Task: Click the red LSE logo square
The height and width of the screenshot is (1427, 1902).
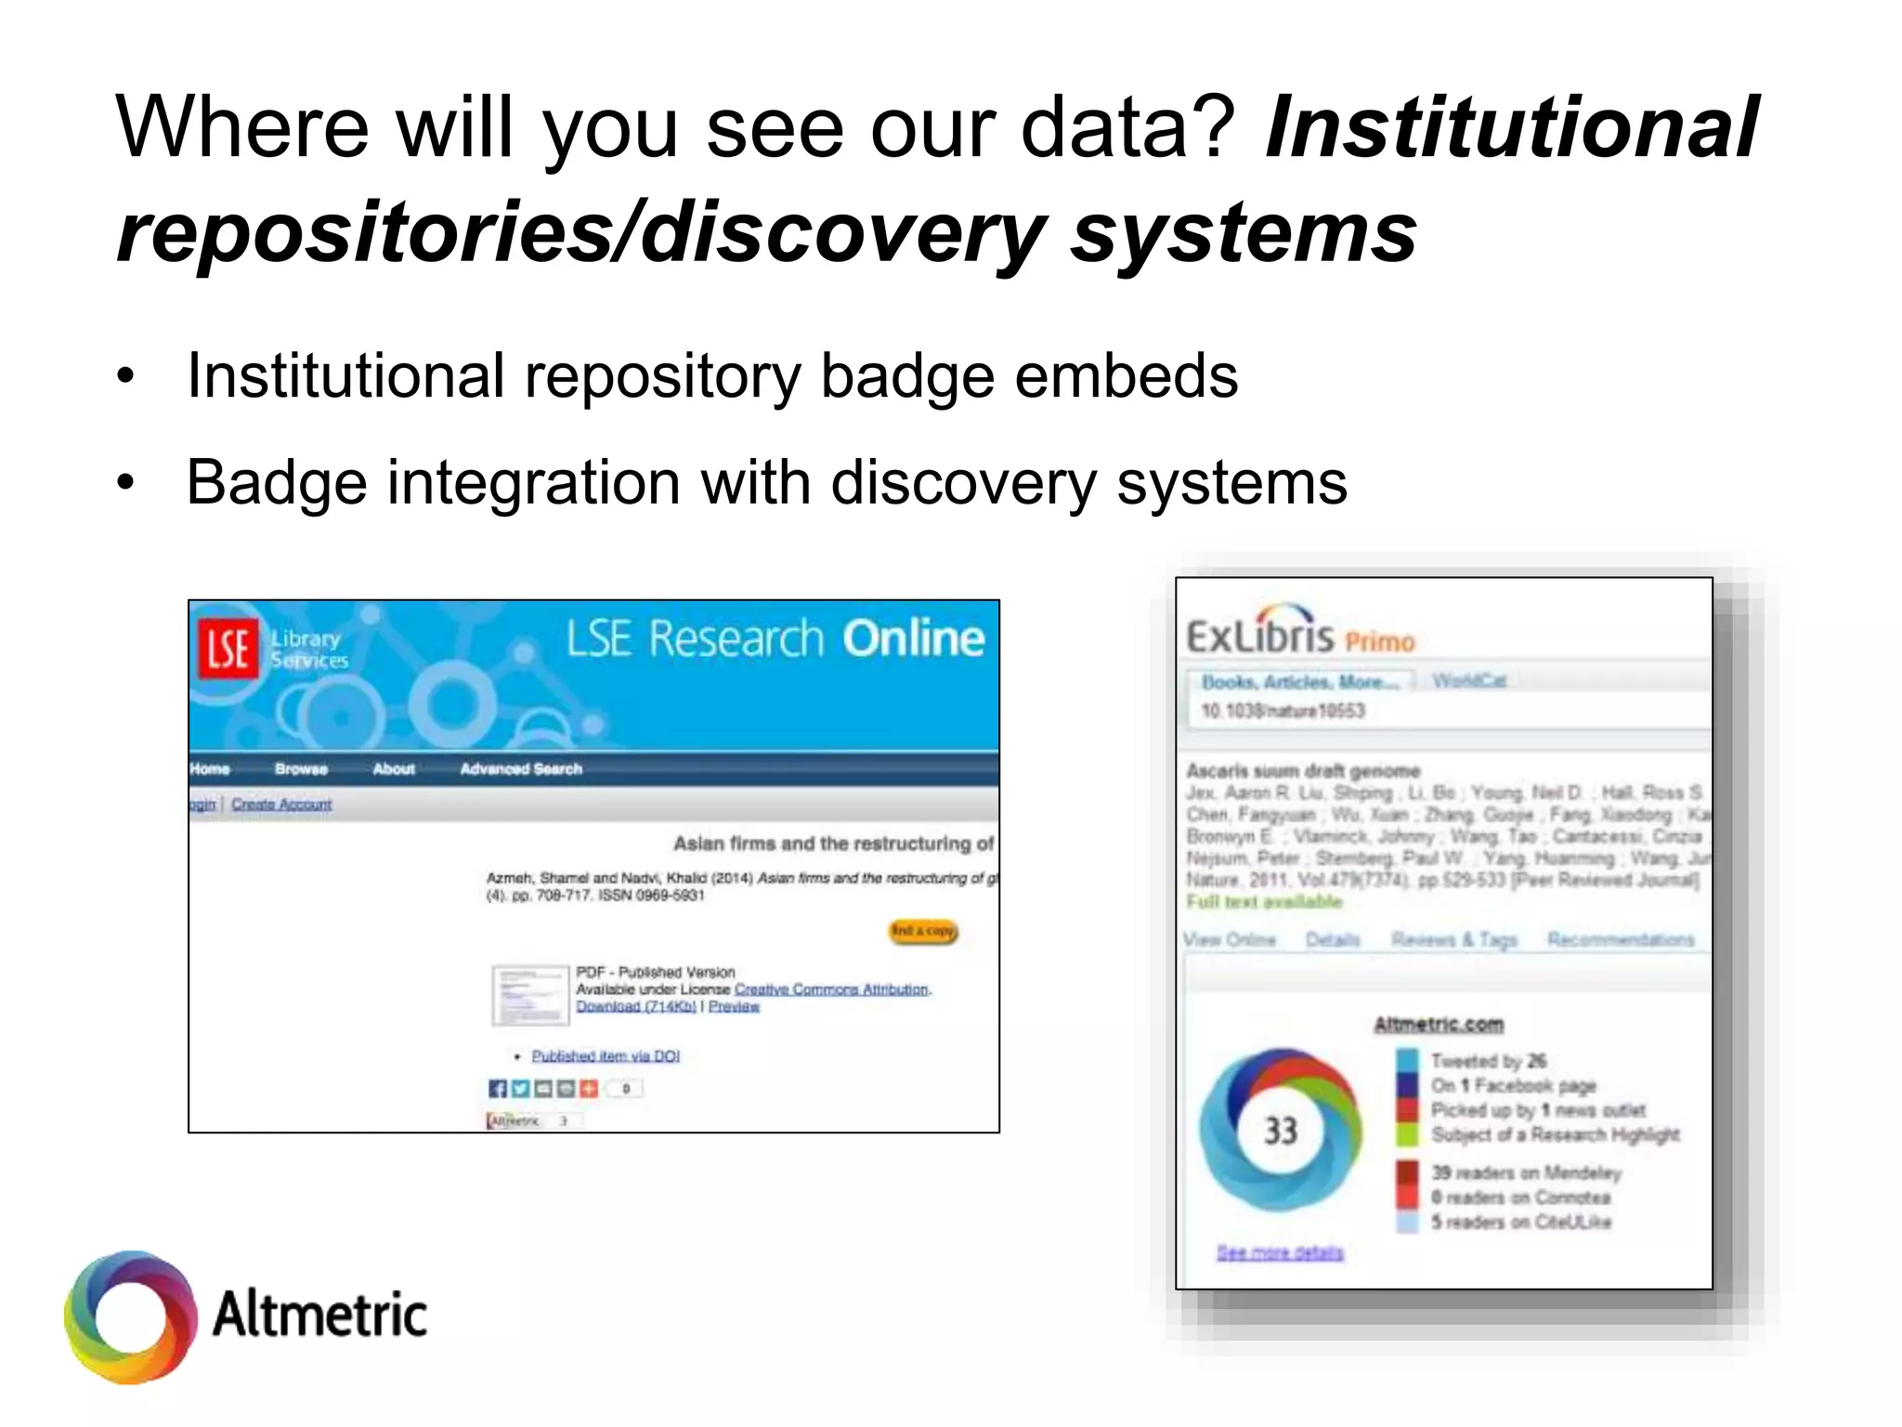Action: [227, 648]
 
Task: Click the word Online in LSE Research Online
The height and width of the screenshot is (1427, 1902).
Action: [913, 639]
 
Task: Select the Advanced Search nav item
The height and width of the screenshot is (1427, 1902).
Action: [521, 769]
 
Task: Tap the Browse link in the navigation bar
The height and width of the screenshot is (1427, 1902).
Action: [301, 769]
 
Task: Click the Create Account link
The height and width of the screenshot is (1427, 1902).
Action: [281, 805]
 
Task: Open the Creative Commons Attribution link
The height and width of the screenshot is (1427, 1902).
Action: [831, 989]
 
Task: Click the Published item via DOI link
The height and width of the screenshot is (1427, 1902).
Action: [606, 1056]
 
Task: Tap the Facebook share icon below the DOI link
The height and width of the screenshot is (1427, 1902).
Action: [498, 1089]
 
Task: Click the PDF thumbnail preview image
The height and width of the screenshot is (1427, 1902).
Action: [529, 995]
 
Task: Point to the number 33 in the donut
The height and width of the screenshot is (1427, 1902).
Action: [1281, 1131]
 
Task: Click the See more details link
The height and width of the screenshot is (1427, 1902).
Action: [1280, 1253]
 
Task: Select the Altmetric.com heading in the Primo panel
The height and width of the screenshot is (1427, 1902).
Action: [1439, 1024]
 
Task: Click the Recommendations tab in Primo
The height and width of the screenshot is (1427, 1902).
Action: [1621, 940]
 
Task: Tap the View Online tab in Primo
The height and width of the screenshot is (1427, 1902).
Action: [1230, 940]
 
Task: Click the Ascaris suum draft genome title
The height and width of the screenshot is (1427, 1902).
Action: [1303, 771]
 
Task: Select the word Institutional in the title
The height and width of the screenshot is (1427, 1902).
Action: [1511, 127]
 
